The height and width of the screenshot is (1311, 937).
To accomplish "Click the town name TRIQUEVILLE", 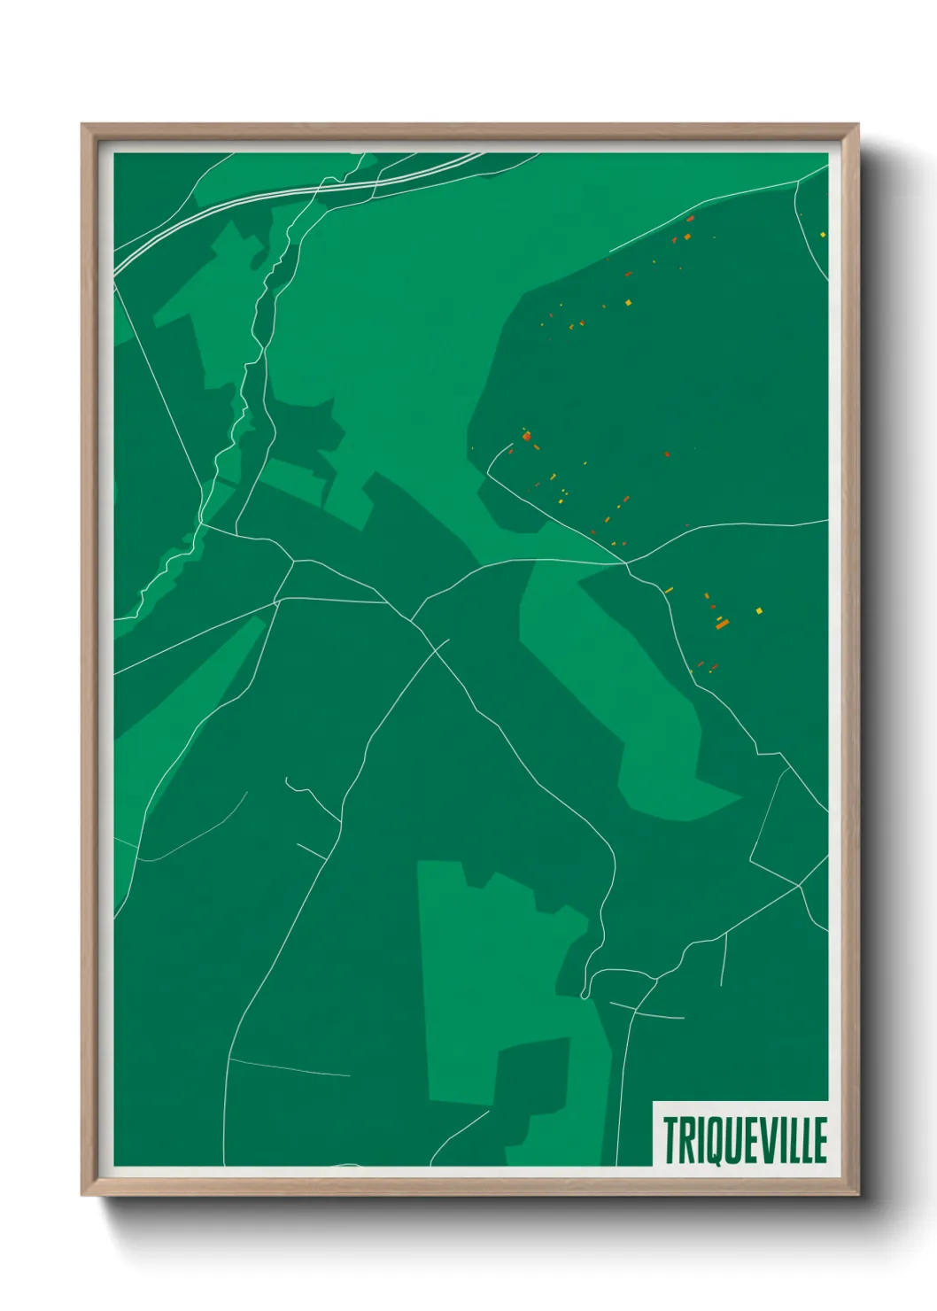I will click(x=744, y=1140).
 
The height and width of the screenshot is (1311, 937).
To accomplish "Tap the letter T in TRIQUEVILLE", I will click(x=670, y=1140).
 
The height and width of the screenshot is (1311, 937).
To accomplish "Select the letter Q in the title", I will click(x=713, y=1140).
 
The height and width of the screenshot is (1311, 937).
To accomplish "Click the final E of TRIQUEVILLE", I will click(x=818, y=1140).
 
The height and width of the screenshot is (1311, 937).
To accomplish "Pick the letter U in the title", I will click(x=731, y=1140).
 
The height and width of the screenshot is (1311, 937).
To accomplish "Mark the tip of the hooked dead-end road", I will click(x=512, y=446).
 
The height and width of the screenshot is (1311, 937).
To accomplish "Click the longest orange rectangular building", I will click(x=722, y=624).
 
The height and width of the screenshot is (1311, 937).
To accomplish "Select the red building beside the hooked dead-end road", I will click(x=528, y=436).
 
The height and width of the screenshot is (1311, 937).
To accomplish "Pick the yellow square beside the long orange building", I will click(x=759, y=610).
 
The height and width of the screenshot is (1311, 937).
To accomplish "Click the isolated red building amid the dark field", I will click(x=667, y=454).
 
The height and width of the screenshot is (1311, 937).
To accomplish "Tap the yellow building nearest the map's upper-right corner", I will click(x=823, y=234).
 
